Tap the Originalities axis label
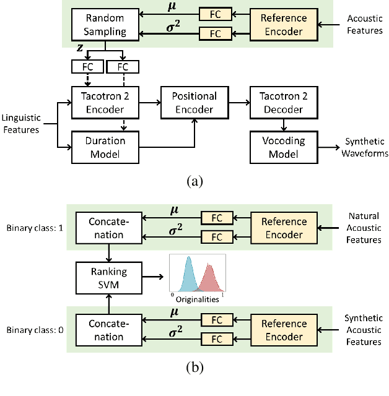pos(197,299)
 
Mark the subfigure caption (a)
pos(194,181)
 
